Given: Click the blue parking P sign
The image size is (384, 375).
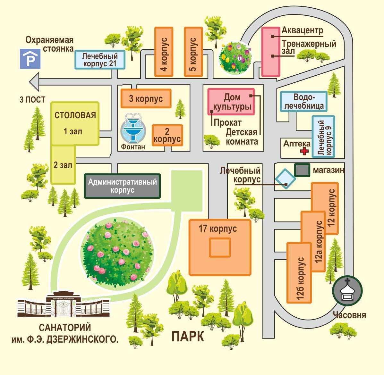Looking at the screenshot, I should point(30,59).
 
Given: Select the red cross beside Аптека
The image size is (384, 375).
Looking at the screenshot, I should point(304,151).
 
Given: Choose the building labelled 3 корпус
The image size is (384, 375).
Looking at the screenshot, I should point(146,98).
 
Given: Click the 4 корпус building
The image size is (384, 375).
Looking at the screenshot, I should point(164,52).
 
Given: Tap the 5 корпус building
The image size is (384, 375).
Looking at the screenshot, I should point(193,52).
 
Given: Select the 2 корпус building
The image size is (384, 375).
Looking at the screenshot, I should point(167,135).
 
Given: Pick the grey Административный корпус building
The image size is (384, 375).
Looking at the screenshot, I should point(122,186).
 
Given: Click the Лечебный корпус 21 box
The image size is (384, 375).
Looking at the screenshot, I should point(100,60).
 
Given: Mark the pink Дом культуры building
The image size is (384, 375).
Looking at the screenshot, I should point(231,102).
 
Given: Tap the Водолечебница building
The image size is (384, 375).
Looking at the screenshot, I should point(304,101).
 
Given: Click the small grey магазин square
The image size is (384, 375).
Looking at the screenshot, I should point(302,170).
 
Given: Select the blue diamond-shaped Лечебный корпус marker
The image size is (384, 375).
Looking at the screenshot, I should point(286,179).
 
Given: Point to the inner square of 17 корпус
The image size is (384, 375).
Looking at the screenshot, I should point(220,247).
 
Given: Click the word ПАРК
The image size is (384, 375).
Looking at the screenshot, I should point(188,336).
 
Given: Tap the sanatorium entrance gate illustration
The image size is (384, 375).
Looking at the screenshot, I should point(63,306).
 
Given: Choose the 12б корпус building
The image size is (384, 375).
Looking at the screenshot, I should point(299,273).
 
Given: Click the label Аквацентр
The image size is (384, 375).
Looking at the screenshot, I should point(302,30).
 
